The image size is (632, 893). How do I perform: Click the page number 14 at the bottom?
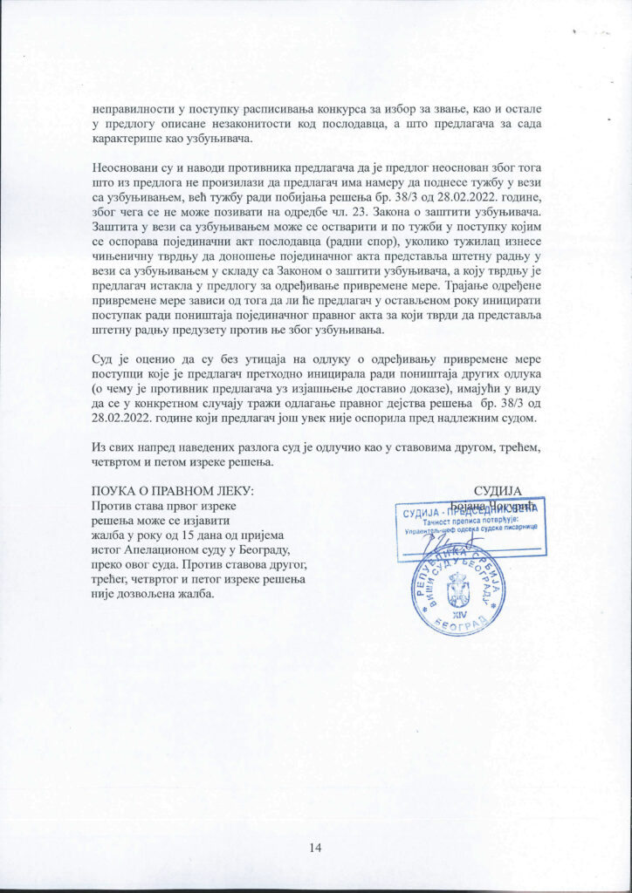pyautogui.click(x=316, y=847)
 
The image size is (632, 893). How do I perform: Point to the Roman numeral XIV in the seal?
pyautogui.click(x=457, y=612)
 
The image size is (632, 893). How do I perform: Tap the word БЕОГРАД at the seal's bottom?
pyautogui.click(x=459, y=627)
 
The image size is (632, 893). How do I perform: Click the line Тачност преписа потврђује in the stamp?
pyautogui.click(x=471, y=521)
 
